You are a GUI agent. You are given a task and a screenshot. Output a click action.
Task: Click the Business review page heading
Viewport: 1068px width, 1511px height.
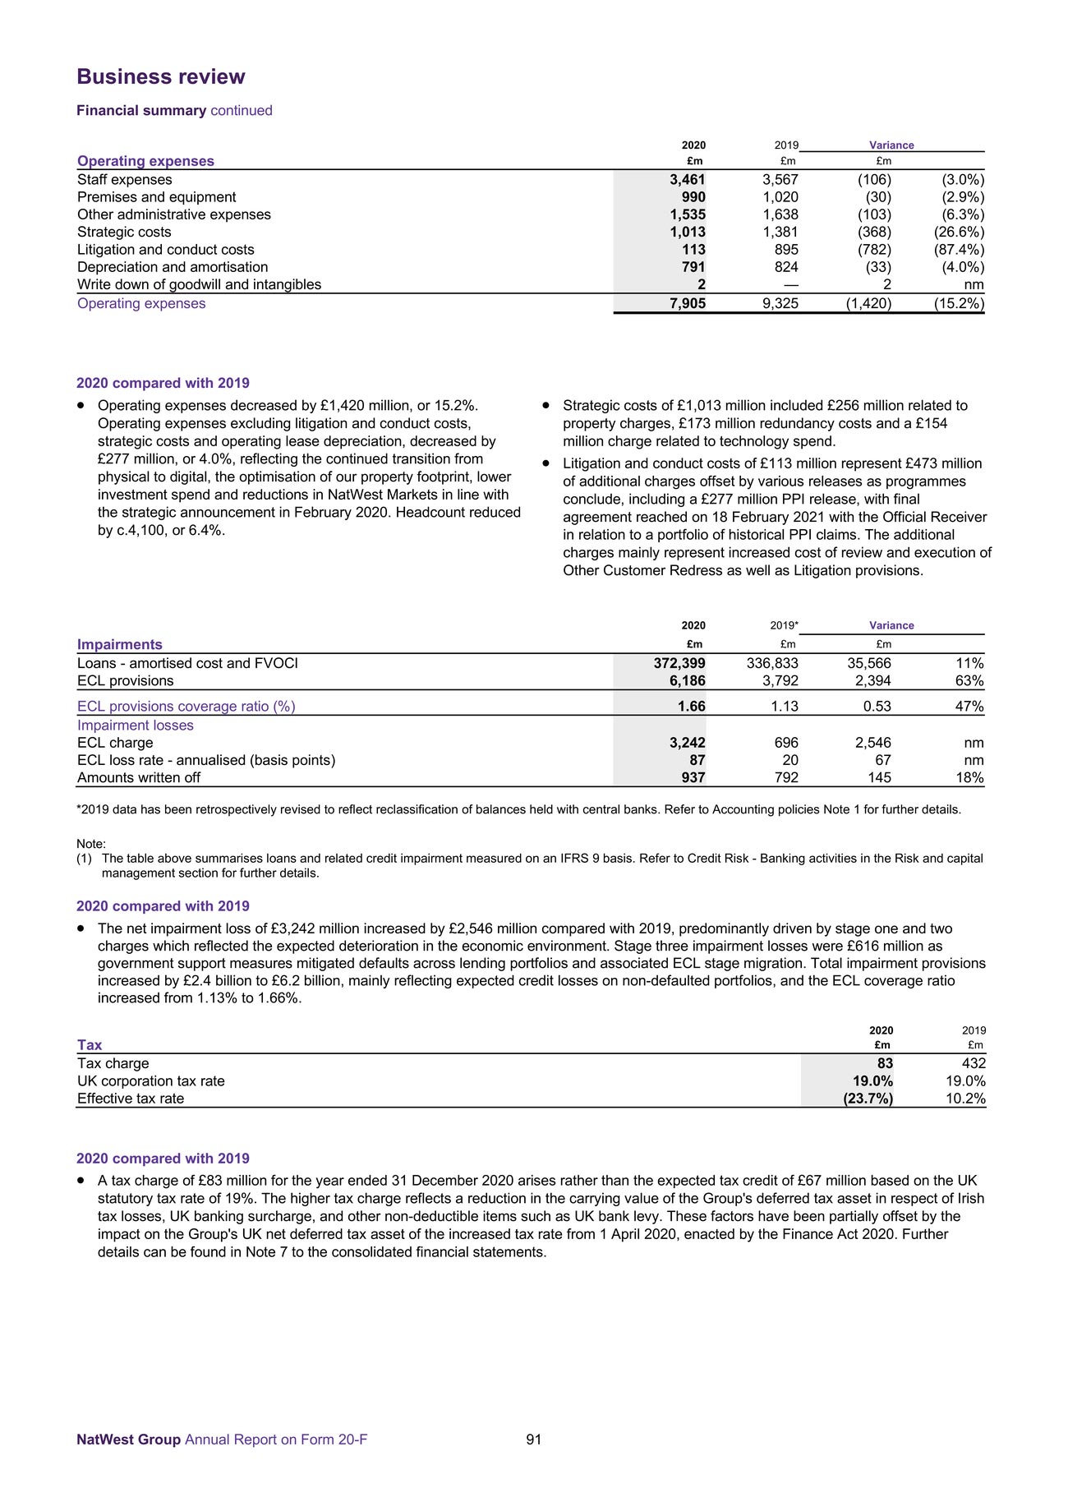coord(161,77)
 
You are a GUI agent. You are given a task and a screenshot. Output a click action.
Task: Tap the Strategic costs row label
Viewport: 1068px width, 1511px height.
coord(124,233)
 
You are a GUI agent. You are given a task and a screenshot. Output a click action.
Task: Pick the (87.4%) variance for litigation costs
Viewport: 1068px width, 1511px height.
coord(959,250)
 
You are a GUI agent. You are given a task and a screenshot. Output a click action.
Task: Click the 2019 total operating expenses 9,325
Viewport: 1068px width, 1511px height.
coord(780,304)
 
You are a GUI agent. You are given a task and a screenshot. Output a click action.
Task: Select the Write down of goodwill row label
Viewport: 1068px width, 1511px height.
coord(199,285)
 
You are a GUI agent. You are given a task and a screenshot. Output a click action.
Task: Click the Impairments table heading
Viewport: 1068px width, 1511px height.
coord(120,645)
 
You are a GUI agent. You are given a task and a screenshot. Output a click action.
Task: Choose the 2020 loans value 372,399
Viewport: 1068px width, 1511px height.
coord(673,664)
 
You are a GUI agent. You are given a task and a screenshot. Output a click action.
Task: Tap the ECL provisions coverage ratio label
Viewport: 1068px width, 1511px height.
coord(186,707)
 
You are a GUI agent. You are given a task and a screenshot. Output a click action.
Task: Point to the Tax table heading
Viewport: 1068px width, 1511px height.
coord(90,1045)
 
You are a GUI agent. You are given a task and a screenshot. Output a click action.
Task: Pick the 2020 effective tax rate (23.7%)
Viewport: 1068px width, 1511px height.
coord(868,1099)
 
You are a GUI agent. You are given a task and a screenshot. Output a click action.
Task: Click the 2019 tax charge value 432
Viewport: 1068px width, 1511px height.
coord(974,1064)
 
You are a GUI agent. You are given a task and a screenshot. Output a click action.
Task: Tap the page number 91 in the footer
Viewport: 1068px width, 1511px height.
coord(534,1440)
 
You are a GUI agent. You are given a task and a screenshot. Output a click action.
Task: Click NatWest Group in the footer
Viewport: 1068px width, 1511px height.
coord(128,1440)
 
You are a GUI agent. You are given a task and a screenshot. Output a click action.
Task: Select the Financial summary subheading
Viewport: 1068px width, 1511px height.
coord(141,111)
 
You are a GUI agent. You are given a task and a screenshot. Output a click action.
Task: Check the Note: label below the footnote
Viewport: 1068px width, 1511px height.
coord(91,845)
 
